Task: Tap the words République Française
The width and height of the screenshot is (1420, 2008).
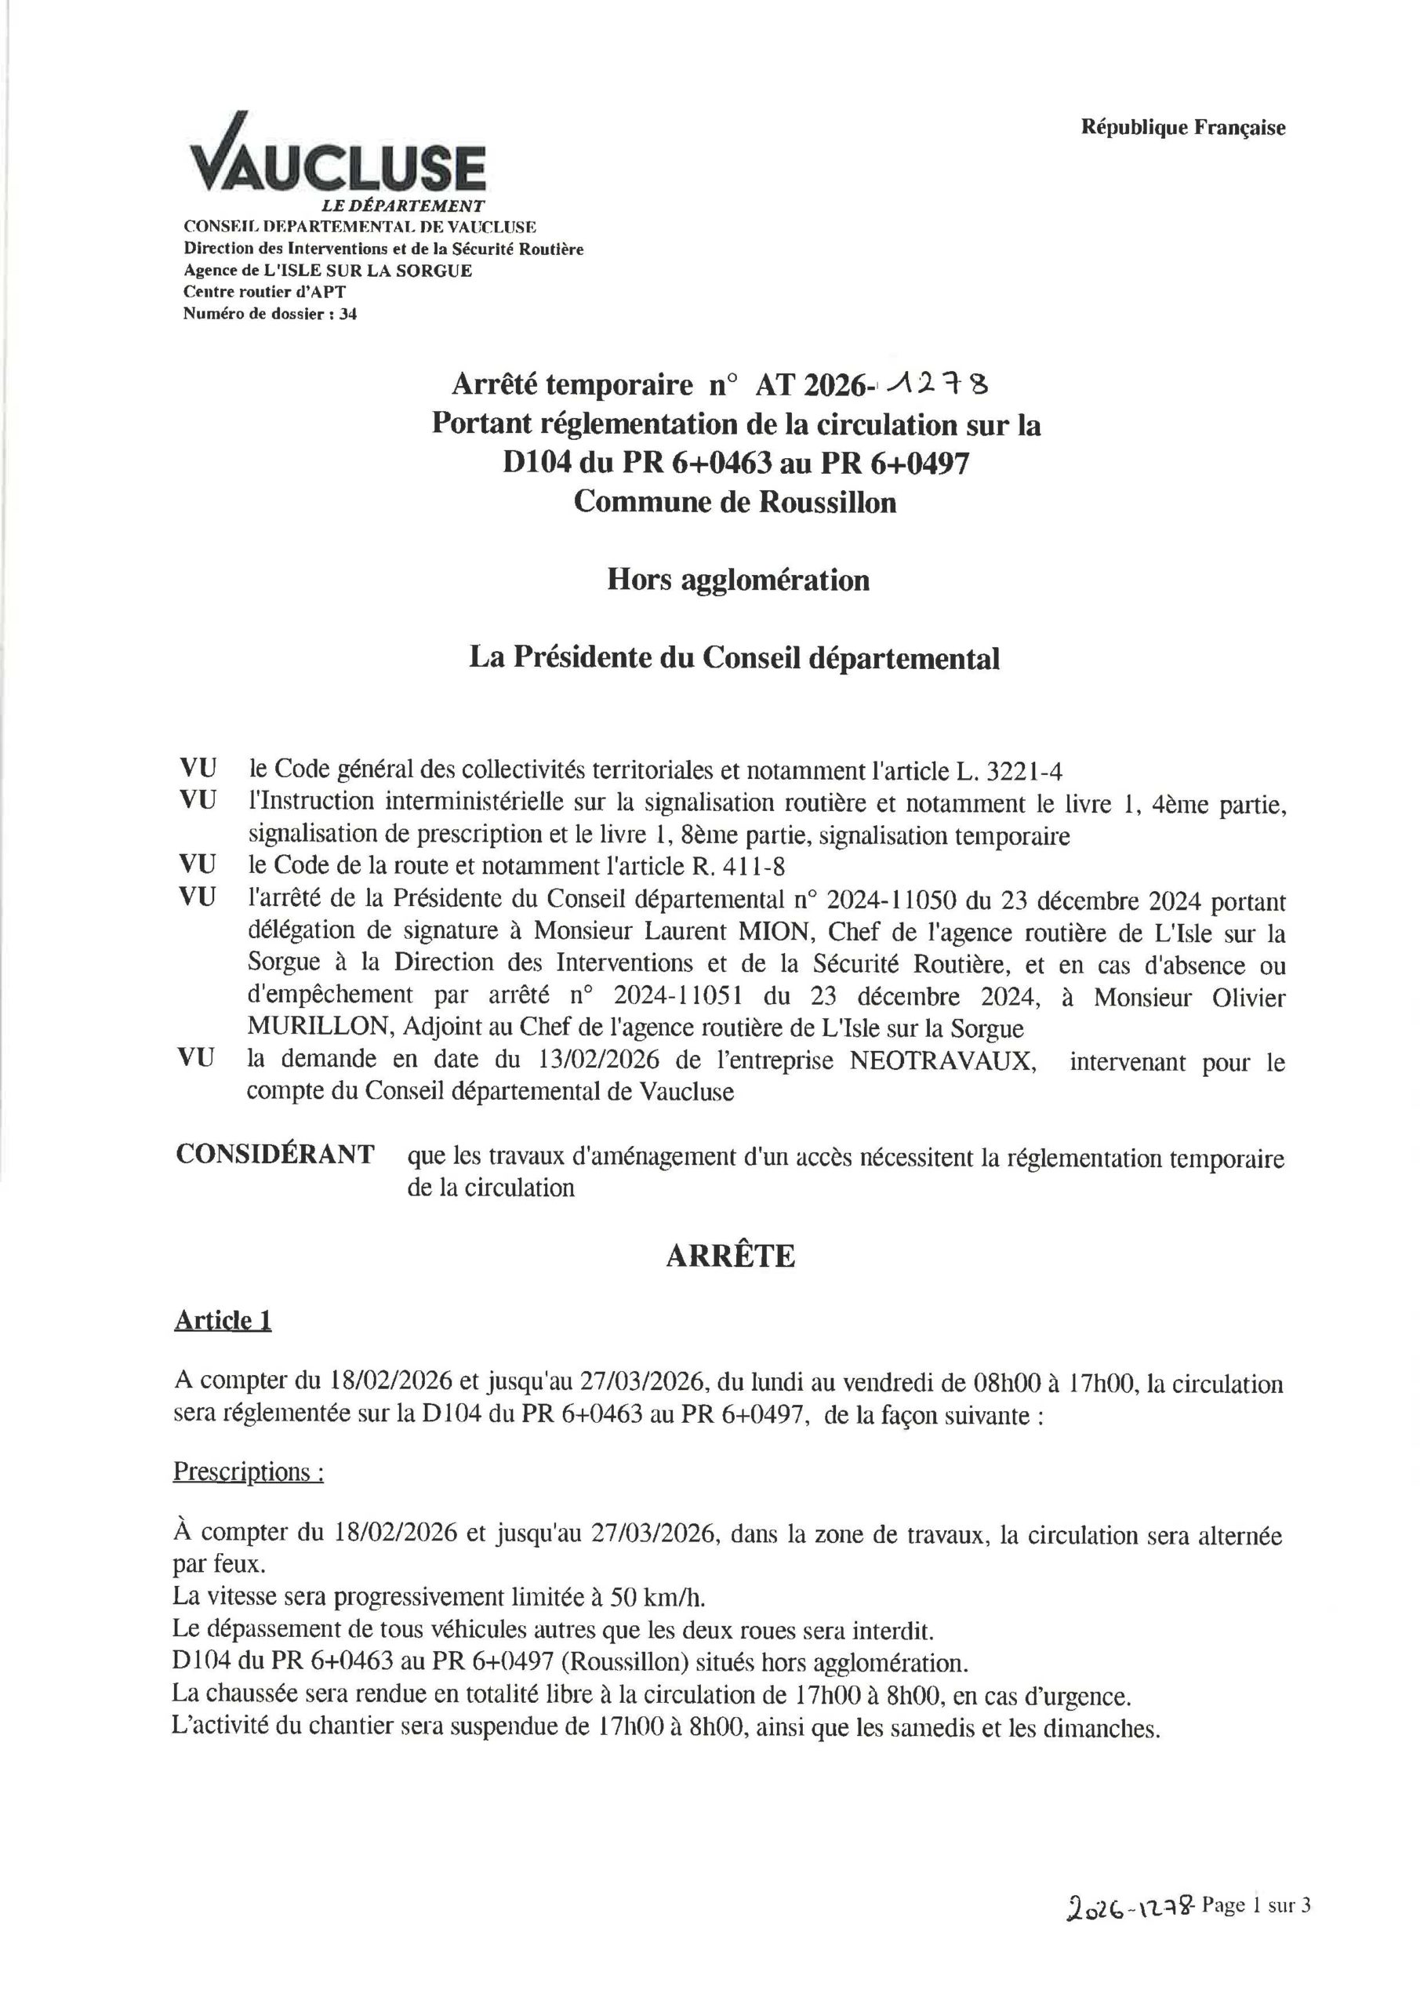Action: [1183, 128]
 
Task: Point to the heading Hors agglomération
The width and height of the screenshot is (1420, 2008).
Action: [738, 580]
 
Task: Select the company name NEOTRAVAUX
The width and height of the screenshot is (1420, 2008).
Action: [942, 1062]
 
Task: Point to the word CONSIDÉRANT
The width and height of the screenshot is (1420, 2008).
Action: [275, 1155]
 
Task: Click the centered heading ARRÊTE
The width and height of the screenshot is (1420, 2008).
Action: [730, 1256]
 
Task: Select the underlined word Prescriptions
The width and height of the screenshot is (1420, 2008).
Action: [245, 1472]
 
